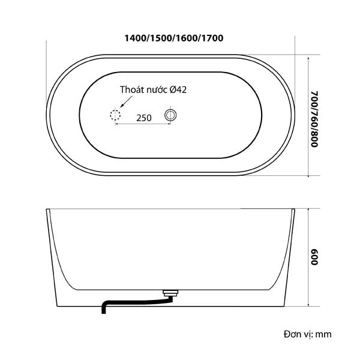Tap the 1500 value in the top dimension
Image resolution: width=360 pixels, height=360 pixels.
[x=161, y=38]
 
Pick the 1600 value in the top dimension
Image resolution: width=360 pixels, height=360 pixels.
[x=187, y=38]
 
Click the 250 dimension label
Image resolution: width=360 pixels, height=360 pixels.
[x=144, y=118]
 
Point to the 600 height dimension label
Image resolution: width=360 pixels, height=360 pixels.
[x=314, y=257]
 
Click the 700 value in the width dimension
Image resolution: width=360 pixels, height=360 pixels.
[x=314, y=99]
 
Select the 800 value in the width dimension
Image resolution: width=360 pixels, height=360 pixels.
[x=314, y=139]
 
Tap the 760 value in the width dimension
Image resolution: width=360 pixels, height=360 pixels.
[x=314, y=119]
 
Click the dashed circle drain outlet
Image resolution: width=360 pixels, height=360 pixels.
[x=115, y=110]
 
